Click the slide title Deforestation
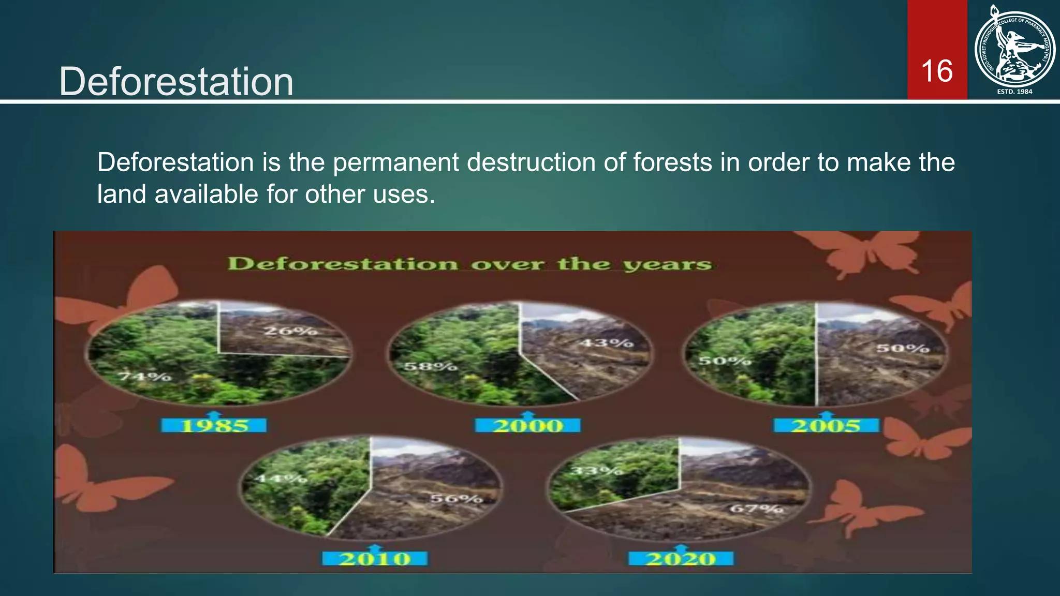click(176, 82)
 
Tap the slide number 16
click(937, 71)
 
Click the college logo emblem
click(1014, 48)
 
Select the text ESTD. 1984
click(1014, 92)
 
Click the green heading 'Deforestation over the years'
click(470, 264)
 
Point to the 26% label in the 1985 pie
click(290, 331)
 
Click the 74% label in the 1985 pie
click(145, 376)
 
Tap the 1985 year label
click(214, 426)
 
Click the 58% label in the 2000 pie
click(430, 367)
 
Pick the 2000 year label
click(528, 426)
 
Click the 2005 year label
click(826, 426)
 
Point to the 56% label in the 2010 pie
click(457, 499)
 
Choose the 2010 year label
click(375, 559)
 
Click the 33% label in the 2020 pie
click(596, 471)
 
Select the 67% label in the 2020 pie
click(756, 509)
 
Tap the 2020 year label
click(681, 559)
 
